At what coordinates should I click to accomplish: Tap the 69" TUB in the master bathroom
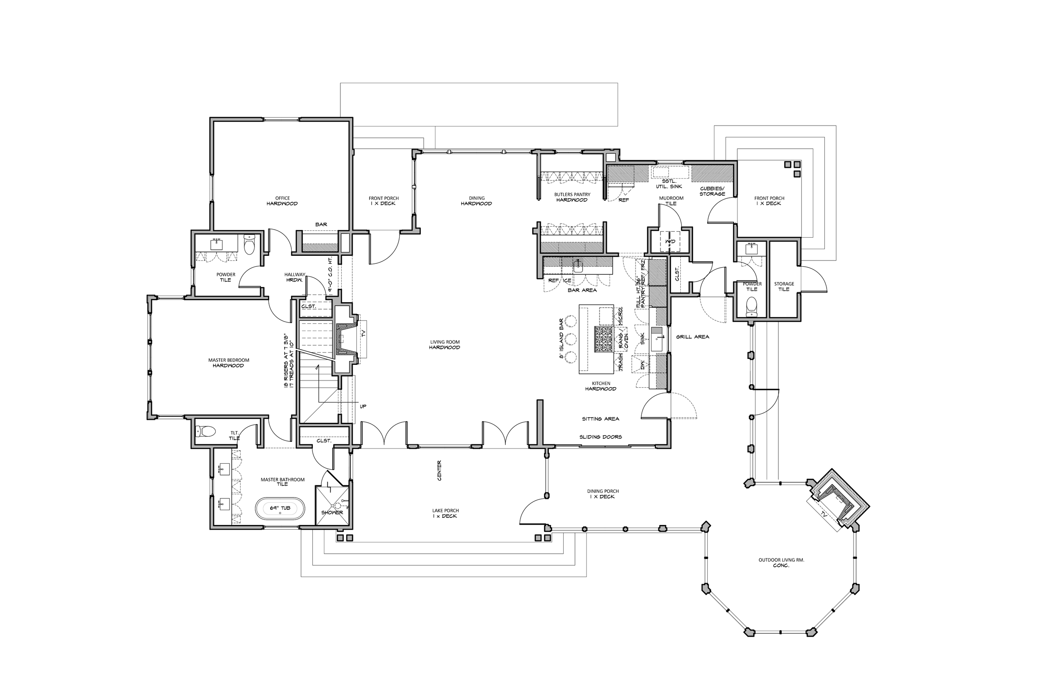[280, 508]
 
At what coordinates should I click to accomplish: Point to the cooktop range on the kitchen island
[604, 339]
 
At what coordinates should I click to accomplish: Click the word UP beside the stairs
[363, 406]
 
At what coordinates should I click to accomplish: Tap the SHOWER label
[332, 512]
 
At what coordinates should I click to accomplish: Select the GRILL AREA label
[693, 337]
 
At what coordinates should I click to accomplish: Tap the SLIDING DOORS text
[600, 437]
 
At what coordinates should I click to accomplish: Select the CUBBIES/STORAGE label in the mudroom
[712, 192]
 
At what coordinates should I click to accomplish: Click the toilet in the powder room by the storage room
[751, 306]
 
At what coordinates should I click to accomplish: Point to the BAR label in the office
[321, 224]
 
